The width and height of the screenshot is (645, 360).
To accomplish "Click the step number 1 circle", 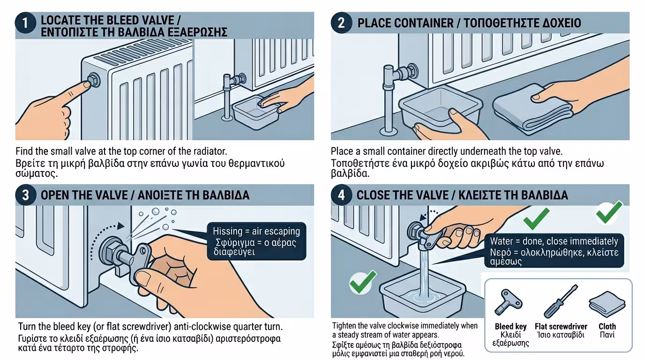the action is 25,23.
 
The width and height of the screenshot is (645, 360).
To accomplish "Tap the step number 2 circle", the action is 341,23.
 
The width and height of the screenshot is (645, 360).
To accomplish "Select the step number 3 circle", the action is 25,195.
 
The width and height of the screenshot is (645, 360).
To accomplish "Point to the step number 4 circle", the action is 341,195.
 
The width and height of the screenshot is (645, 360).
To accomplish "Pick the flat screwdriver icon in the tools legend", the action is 560,301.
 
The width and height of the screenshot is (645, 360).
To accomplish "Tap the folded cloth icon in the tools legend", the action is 607,304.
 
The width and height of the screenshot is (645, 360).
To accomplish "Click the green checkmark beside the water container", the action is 363,282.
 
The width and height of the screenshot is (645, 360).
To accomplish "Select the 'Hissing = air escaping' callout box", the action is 256,241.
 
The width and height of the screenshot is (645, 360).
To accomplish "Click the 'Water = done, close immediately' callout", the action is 554,251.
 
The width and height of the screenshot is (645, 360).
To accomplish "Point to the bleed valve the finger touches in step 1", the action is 94,80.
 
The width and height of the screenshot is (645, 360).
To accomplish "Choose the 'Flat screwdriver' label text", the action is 561,326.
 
